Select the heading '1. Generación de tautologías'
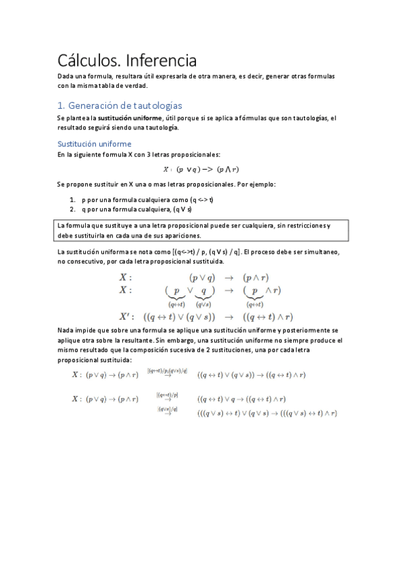(119, 105)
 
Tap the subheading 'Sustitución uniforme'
(94, 144)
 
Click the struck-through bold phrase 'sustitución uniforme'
(133, 118)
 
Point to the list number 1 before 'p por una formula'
(72, 199)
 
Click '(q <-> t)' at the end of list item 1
(202, 199)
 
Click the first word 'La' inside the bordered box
(63, 225)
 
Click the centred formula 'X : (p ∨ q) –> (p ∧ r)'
(201, 169)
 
